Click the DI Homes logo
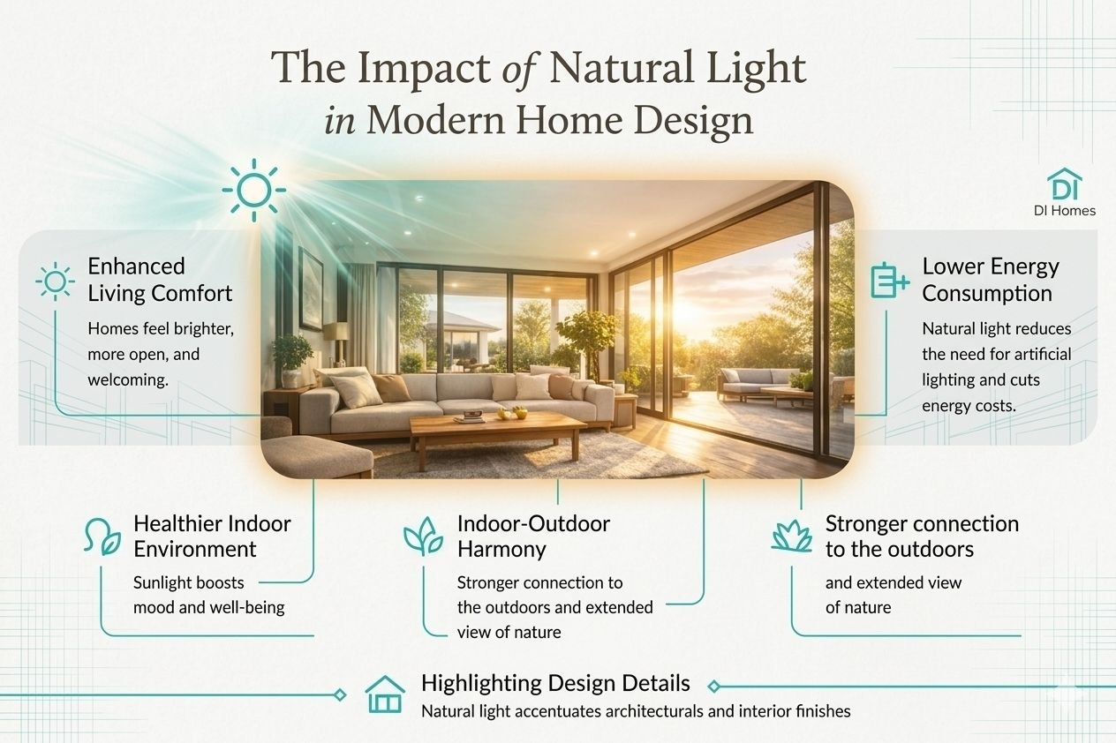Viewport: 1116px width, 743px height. coord(1064,191)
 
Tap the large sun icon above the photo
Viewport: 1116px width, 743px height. coord(254,191)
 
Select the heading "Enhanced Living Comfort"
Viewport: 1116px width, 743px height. coord(160,280)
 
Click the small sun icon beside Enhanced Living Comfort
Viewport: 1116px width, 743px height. coord(55,281)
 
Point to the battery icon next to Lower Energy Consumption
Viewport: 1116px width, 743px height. coord(890,281)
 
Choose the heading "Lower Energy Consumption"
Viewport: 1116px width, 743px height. coord(990,280)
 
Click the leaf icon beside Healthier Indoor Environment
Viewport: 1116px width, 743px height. coord(102,537)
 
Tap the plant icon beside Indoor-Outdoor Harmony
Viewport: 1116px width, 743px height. coord(423,536)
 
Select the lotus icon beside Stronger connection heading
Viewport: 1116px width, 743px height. coord(792,536)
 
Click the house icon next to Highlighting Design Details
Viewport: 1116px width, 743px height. coord(385,694)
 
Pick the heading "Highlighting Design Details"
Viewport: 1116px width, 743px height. coord(555,683)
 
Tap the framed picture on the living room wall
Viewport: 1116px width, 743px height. coord(311,289)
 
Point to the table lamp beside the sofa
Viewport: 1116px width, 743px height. coord(336,343)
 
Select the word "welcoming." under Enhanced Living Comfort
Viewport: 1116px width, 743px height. coord(128,380)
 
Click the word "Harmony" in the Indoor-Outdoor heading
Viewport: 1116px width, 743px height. coord(501,549)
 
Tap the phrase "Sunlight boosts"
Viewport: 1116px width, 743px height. coord(188,582)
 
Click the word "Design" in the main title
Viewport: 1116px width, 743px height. coord(693,121)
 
